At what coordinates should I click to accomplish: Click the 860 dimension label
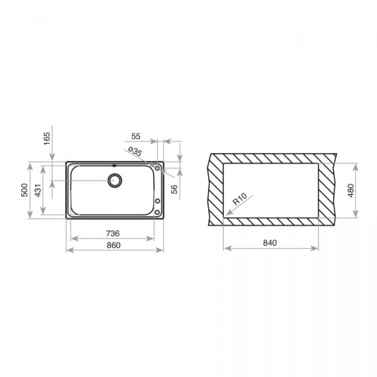click(114, 245)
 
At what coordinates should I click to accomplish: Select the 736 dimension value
click(113, 233)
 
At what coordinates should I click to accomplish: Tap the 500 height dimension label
click(24, 190)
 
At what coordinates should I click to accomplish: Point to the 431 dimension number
click(38, 190)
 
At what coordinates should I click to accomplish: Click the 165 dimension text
click(46, 139)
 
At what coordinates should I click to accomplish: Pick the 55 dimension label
click(136, 136)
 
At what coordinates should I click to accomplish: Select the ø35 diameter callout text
click(135, 152)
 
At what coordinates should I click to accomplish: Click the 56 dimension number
click(174, 189)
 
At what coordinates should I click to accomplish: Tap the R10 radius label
click(240, 199)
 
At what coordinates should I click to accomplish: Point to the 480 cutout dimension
click(351, 190)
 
